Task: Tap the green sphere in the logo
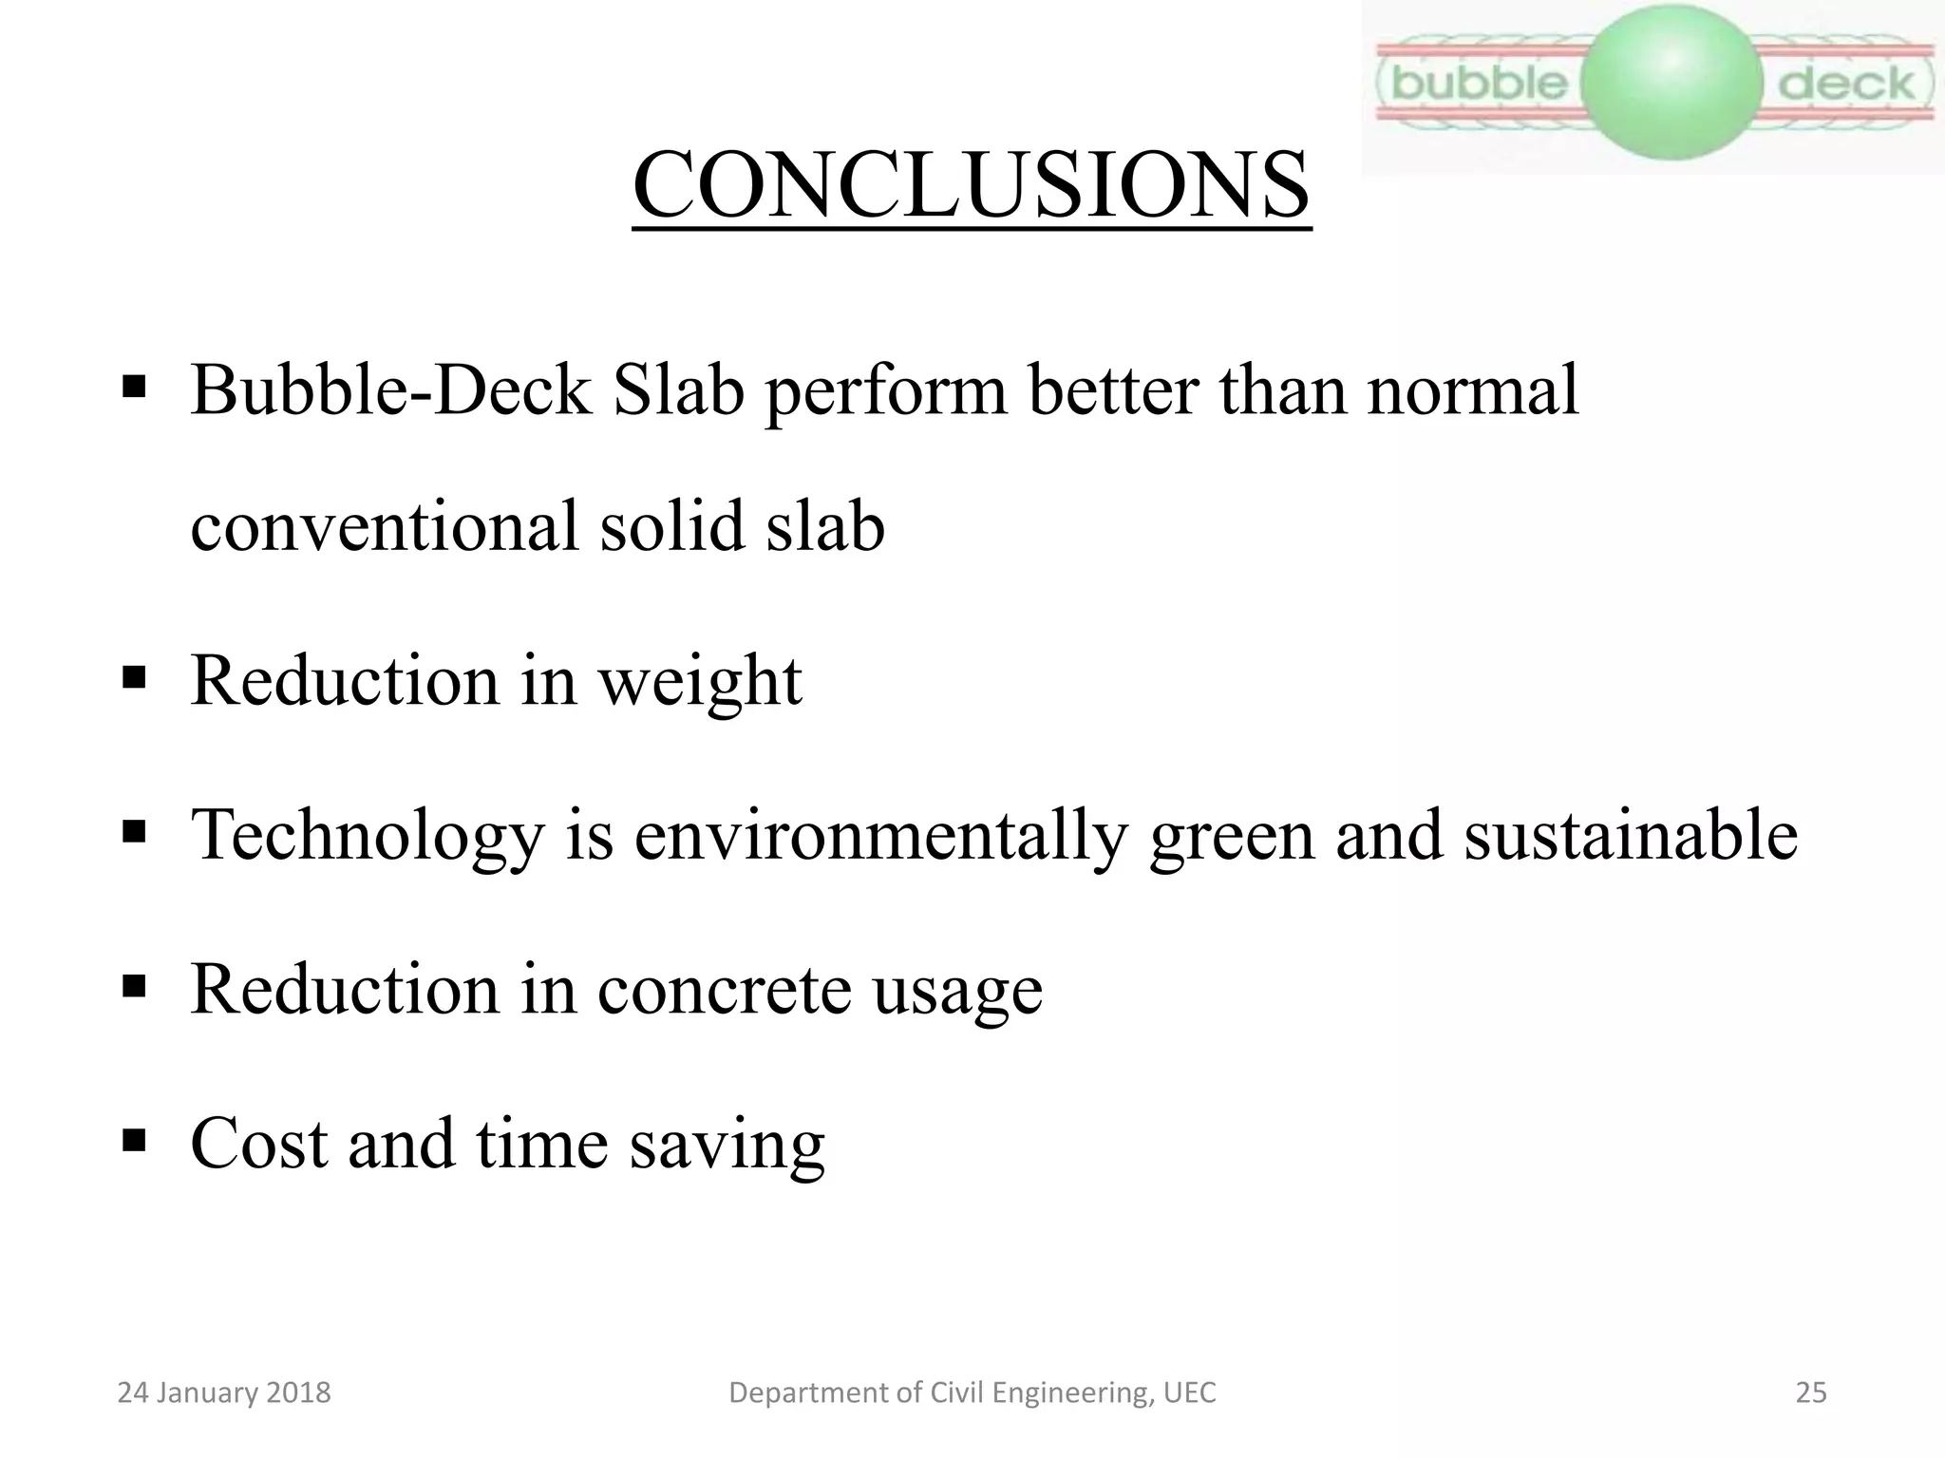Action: coord(1673,82)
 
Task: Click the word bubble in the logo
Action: coord(1479,84)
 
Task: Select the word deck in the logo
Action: coord(1845,85)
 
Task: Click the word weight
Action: coord(700,682)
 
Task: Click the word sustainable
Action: coord(1630,834)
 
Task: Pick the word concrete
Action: coord(724,989)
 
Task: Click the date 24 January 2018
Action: coord(224,1393)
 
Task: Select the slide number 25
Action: coord(1811,1393)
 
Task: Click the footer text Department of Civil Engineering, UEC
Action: coord(972,1393)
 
